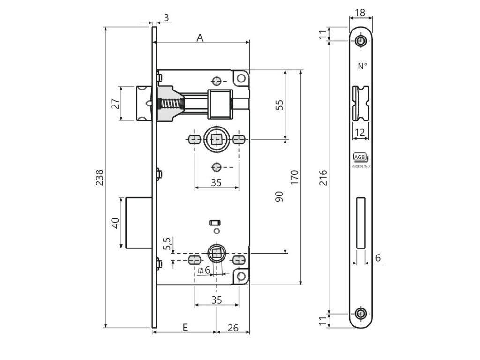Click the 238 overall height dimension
click(x=99, y=177)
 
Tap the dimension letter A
click(x=200, y=38)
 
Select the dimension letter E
click(x=185, y=328)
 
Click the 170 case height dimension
click(x=294, y=178)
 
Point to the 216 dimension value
click(x=323, y=178)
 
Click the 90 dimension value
click(x=279, y=196)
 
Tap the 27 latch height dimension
click(x=115, y=103)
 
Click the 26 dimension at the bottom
click(x=233, y=328)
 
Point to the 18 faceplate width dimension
click(x=360, y=13)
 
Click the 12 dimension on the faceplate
click(x=360, y=133)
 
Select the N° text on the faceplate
click(x=362, y=67)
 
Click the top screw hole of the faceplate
click(x=360, y=41)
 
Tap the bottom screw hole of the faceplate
click(x=360, y=314)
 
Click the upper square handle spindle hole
click(x=216, y=139)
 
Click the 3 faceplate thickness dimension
click(x=166, y=18)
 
